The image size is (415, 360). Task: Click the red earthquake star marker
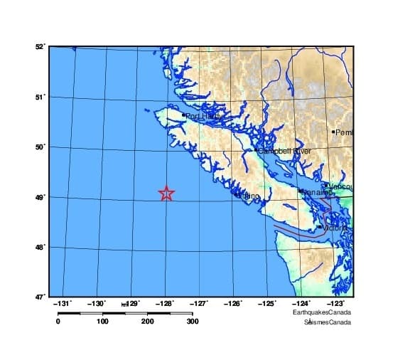[x=166, y=194]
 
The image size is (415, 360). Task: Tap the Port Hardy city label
[x=205, y=116]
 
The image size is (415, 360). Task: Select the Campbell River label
[x=284, y=152]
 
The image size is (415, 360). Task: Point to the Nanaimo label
[x=315, y=192]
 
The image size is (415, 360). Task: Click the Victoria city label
[x=333, y=228]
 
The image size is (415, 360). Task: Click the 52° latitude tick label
[x=40, y=47]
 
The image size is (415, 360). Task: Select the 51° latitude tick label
[x=40, y=97]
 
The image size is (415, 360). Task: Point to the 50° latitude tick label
[x=40, y=147]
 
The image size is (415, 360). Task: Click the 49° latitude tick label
[x=40, y=197]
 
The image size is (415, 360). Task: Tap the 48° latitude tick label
[x=40, y=247]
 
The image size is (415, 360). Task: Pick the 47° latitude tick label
[x=40, y=296]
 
